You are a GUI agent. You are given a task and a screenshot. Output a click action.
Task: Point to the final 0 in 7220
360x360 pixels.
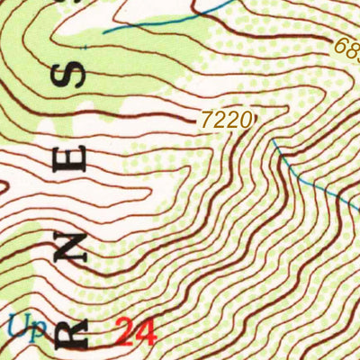(x=241, y=118)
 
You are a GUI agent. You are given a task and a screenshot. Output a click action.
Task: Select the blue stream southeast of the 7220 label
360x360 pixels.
(x=306, y=175)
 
